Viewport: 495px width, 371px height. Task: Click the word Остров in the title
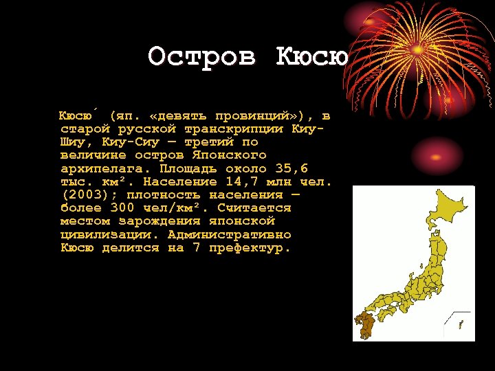(x=201, y=56)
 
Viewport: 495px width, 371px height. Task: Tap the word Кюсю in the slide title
(x=312, y=56)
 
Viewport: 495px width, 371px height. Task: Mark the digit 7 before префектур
(x=196, y=247)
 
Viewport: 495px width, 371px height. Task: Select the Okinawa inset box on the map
(x=459, y=322)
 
